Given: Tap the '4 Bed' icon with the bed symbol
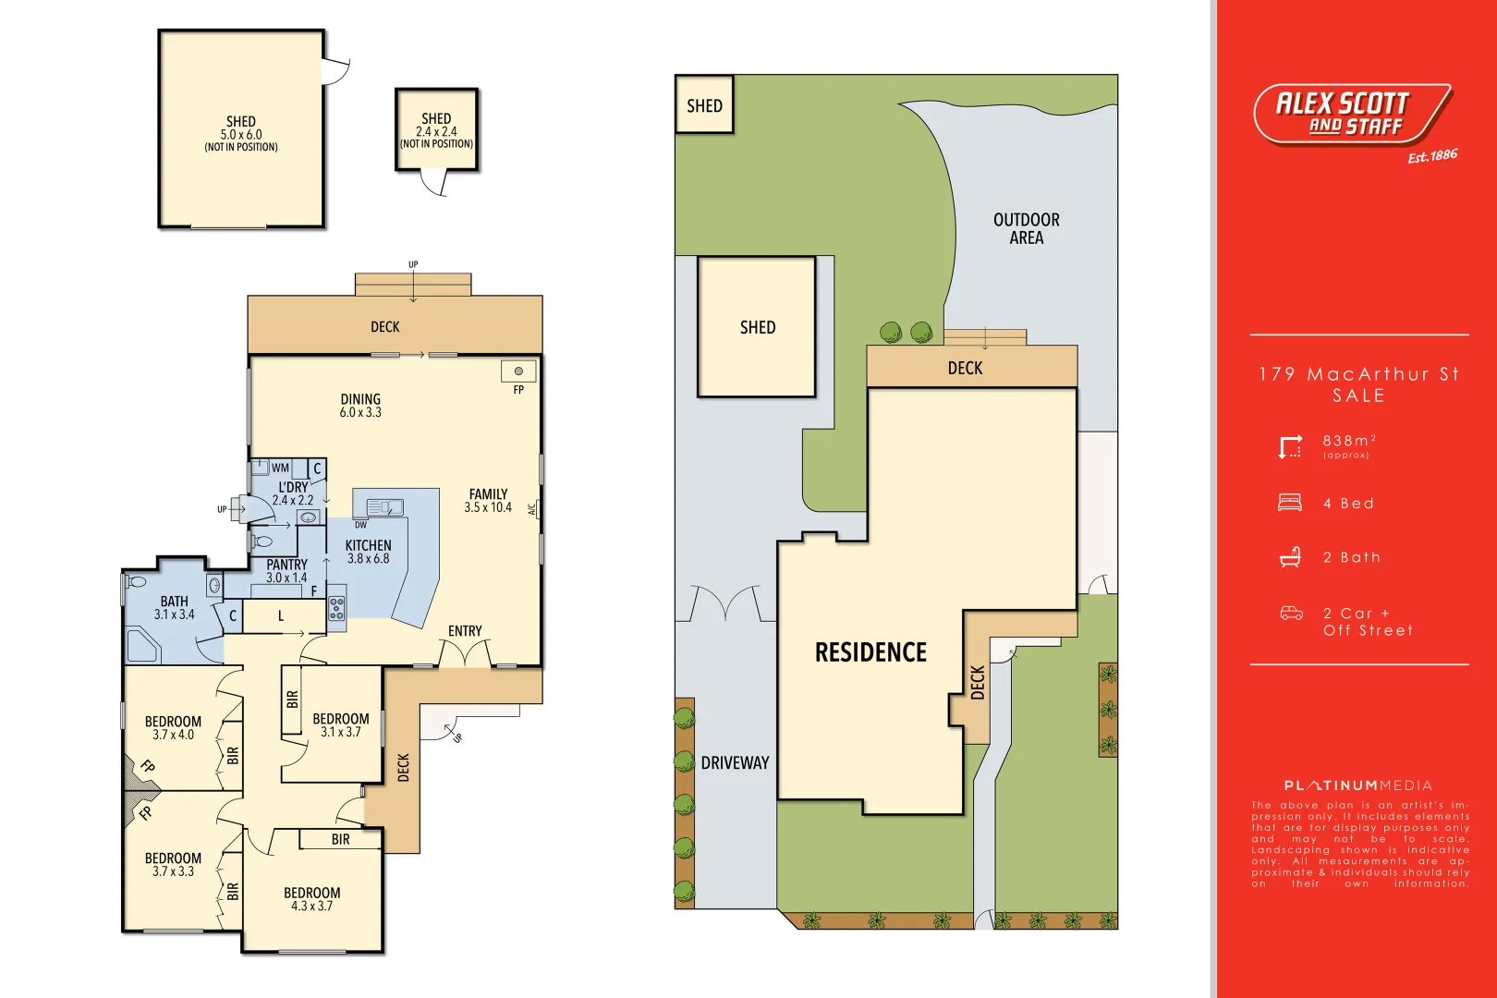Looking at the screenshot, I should (x=1290, y=503).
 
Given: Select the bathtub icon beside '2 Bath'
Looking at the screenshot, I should (x=1290, y=557).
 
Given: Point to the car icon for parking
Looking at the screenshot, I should (x=1291, y=614).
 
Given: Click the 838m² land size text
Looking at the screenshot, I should (x=1348, y=442).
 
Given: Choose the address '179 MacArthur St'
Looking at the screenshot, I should (x=1358, y=374).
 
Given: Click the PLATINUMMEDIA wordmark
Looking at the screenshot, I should (x=1357, y=785).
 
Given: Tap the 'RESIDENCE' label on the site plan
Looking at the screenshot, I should (x=870, y=652).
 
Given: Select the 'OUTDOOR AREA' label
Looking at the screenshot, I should (x=1026, y=228).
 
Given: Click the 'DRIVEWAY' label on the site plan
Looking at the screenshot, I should (x=735, y=763).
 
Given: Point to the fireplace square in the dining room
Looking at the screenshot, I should (x=518, y=371).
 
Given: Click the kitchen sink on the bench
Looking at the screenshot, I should (x=384, y=507).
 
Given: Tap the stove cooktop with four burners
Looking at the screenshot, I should (x=336, y=607).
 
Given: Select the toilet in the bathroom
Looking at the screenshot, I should (x=137, y=582).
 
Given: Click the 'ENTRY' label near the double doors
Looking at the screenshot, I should (x=465, y=631).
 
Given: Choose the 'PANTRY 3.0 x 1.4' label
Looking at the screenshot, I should (x=286, y=570).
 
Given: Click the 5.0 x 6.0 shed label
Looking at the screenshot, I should (x=240, y=134).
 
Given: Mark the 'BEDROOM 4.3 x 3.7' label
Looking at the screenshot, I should (x=311, y=899).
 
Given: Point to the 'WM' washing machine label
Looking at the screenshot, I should (x=280, y=469).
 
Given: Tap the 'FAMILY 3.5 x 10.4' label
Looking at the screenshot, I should (x=488, y=500).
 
